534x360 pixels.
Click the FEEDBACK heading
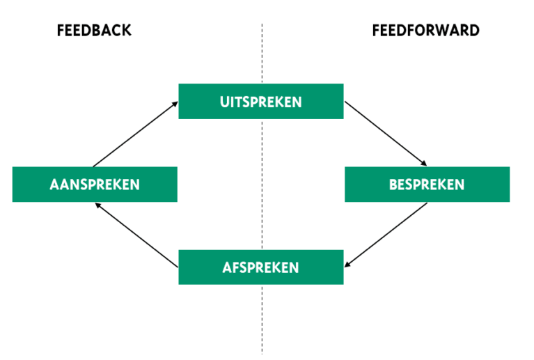coord(94,31)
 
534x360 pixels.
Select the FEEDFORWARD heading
coord(425,31)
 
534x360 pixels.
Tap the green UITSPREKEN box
coord(260,102)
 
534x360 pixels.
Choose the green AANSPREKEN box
coord(95,185)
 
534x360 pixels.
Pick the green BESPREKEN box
coord(427,185)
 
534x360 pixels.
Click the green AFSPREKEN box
coord(260,267)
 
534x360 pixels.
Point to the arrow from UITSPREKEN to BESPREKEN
coord(386,134)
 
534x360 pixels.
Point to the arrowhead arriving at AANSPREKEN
coord(98,205)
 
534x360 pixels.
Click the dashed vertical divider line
coord(262,313)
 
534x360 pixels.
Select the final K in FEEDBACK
coord(127,31)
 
